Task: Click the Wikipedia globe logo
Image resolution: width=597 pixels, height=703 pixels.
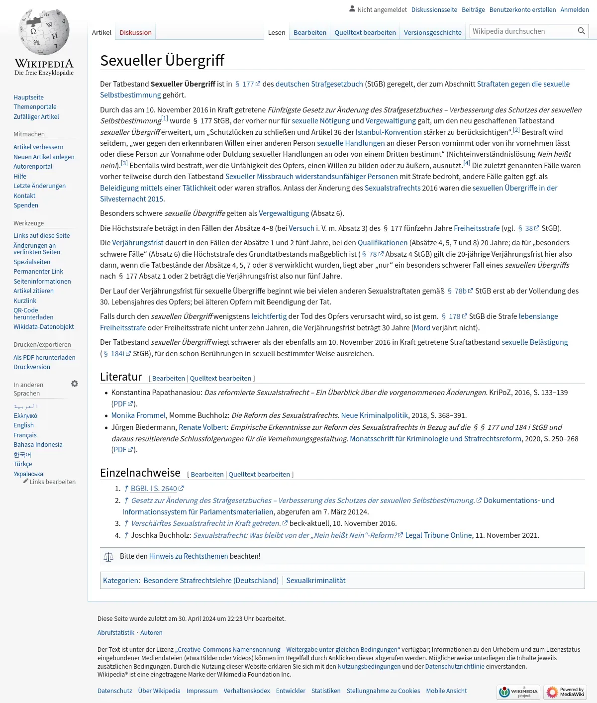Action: click(44, 33)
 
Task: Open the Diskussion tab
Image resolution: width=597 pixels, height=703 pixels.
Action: click(135, 32)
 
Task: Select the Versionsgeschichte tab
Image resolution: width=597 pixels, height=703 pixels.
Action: click(432, 32)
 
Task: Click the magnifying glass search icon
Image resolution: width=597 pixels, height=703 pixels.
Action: click(581, 31)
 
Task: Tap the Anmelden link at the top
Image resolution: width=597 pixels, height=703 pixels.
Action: click(574, 9)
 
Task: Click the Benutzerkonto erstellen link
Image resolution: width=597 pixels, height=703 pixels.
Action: click(522, 9)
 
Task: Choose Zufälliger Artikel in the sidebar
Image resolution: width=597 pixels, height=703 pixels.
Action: click(36, 116)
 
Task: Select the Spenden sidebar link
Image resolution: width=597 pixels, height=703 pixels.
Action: click(26, 205)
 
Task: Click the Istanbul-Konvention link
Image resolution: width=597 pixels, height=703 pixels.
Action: click(388, 132)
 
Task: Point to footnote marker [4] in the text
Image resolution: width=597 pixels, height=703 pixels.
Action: click(466, 163)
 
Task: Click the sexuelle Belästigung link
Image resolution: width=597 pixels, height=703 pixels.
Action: click(534, 342)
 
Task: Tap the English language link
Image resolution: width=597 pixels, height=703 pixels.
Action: click(23, 425)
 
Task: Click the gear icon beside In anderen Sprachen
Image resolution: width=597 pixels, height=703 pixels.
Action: click(75, 384)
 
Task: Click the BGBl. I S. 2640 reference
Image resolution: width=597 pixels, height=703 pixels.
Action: click(154, 489)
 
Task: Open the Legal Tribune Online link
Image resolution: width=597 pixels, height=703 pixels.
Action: click(438, 535)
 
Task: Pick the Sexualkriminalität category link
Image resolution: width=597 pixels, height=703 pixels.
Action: click(315, 581)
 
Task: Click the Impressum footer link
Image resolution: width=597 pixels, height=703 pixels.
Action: click(202, 691)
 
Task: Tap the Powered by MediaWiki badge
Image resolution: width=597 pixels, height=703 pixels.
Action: click(565, 692)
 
